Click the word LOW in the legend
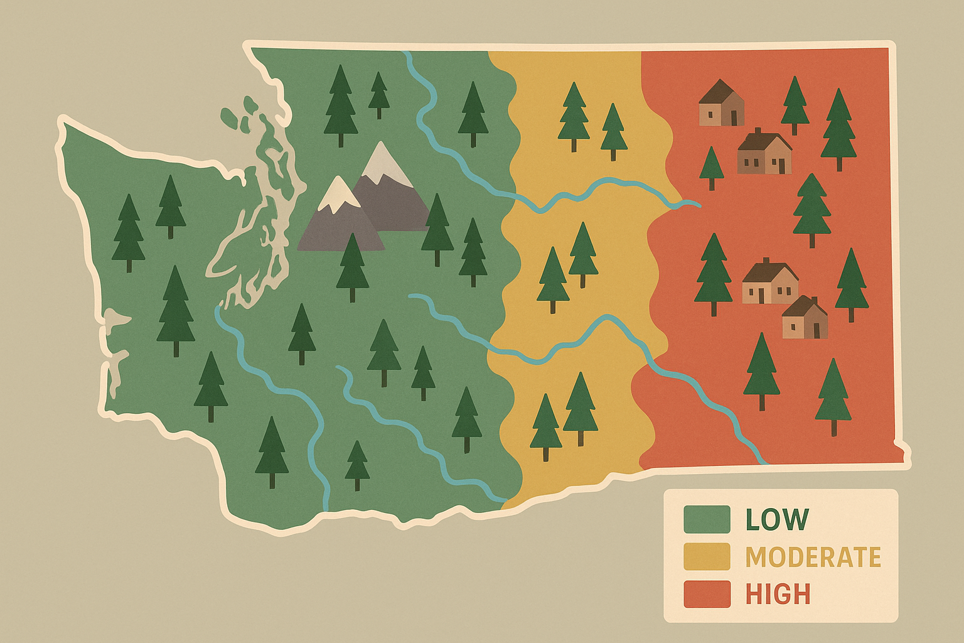pyautogui.click(x=777, y=519)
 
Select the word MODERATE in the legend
pyautogui.click(x=813, y=557)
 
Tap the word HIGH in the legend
pyautogui.click(x=778, y=594)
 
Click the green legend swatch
pyautogui.click(x=707, y=519)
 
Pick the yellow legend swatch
pyautogui.click(x=707, y=557)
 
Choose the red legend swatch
pyautogui.click(x=707, y=594)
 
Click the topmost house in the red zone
pyautogui.click(x=722, y=104)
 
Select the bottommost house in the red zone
pyautogui.click(x=805, y=318)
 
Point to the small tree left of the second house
pyautogui.click(x=711, y=167)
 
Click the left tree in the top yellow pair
pyautogui.click(x=574, y=116)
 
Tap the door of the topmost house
pyautogui.click(x=734, y=117)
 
